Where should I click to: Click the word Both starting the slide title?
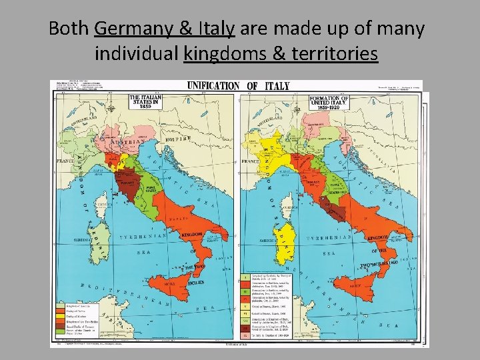click(x=70, y=29)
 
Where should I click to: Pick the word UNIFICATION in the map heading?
click(x=213, y=85)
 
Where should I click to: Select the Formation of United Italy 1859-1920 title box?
click(x=327, y=103)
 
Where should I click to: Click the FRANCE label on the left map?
click(x=66, y=161)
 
